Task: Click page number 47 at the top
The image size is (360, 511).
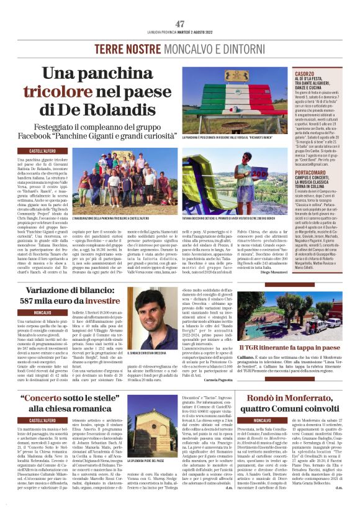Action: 180,24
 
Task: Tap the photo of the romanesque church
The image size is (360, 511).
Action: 143,435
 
